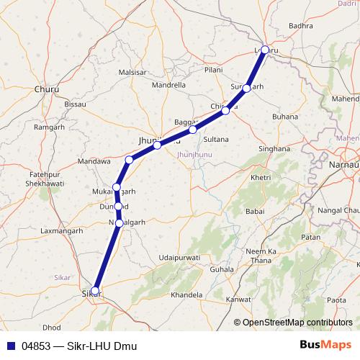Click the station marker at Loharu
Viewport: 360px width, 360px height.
[265, 50]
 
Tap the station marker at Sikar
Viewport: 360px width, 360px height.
[94, 291]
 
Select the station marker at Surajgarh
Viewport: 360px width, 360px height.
[247, 88]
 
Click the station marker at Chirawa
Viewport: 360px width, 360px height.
[226, 110]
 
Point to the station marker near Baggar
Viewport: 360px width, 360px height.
[192, 130]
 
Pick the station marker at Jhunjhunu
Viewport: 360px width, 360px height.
[157, 145]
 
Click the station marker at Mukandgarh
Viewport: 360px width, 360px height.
[116, 187]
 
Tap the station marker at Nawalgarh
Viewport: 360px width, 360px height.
[120, 223]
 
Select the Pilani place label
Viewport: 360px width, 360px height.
[213, 70]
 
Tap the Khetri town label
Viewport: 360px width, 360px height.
[261, 177]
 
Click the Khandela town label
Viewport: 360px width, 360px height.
[186, 295]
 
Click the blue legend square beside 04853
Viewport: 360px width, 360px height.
[11, 346]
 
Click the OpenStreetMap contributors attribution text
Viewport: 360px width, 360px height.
[297, 323]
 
